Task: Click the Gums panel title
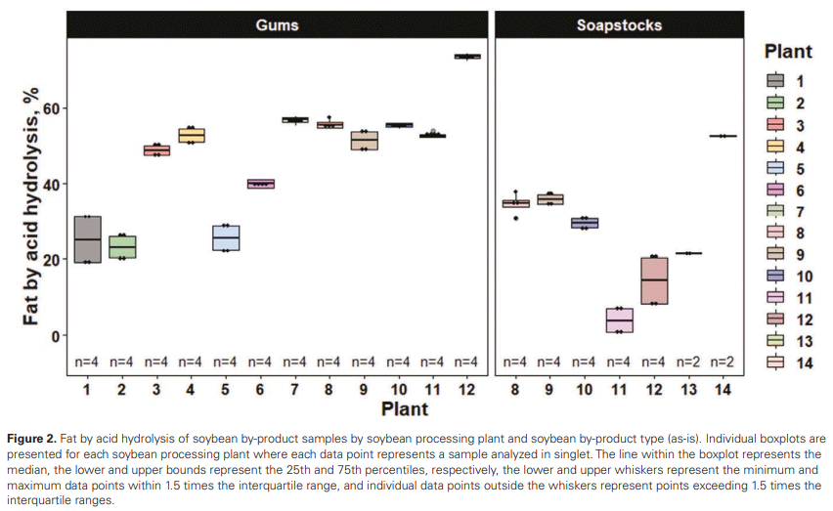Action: (278, 24)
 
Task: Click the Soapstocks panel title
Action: (619, 24)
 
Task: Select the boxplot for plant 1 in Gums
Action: (88, 239)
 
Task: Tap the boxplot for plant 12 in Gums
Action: (467, 57)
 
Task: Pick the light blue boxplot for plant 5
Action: (226, 238)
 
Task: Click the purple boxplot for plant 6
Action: (261, 183)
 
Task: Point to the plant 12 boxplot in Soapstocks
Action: (654, 280)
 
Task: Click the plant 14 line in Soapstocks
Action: (723, 136)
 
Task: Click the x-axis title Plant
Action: (404, 407)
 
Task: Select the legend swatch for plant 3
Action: (776, 125)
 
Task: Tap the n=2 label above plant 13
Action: (687, 362)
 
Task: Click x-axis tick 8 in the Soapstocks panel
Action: (515, 390)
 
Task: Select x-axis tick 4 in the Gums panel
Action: (192, 390)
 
